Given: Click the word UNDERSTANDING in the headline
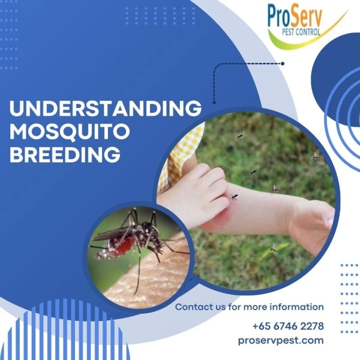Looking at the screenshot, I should point(106,109).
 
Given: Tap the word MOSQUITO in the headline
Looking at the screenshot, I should point(71,131).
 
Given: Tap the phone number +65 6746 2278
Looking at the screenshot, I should point(288,326).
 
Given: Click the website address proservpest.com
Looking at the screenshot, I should point(280,340).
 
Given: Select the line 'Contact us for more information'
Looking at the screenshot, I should point(249,307).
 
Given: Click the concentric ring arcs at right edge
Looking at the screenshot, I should point(345,114).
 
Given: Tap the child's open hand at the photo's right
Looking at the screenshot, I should point(315,222).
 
